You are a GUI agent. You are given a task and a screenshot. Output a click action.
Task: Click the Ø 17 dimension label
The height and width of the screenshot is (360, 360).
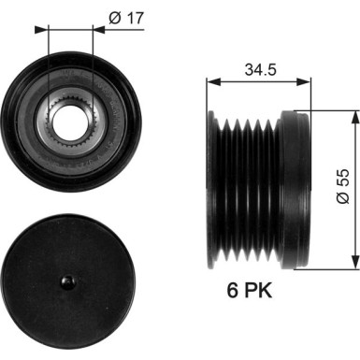pyautogui.click(x=126, y=19)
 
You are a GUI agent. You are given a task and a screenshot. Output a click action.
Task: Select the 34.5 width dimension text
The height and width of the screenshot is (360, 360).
pyautogui.click(x=261, y=69)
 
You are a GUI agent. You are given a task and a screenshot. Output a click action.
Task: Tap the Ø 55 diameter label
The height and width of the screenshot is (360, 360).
pyautogui.click(x=343, y=186)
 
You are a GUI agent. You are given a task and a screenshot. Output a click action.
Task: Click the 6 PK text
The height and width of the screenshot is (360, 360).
pyautogui.click(x=249, y=291)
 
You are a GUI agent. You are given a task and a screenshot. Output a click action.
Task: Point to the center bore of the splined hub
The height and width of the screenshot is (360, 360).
pyautogui.click(x=71, y=122)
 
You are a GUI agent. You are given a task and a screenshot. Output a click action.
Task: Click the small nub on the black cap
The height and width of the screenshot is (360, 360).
pyautogui.click(x=68, y=282)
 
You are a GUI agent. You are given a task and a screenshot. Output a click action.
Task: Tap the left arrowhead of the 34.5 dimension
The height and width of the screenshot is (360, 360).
pyautogui.click(x=213, y=82)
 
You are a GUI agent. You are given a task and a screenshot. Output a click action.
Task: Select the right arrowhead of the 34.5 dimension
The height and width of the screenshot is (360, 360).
pyautogui.click(x=304, y=82)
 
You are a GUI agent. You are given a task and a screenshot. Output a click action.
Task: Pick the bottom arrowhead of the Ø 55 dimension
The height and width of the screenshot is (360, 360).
pyautogui.click(x=355, y=263)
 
